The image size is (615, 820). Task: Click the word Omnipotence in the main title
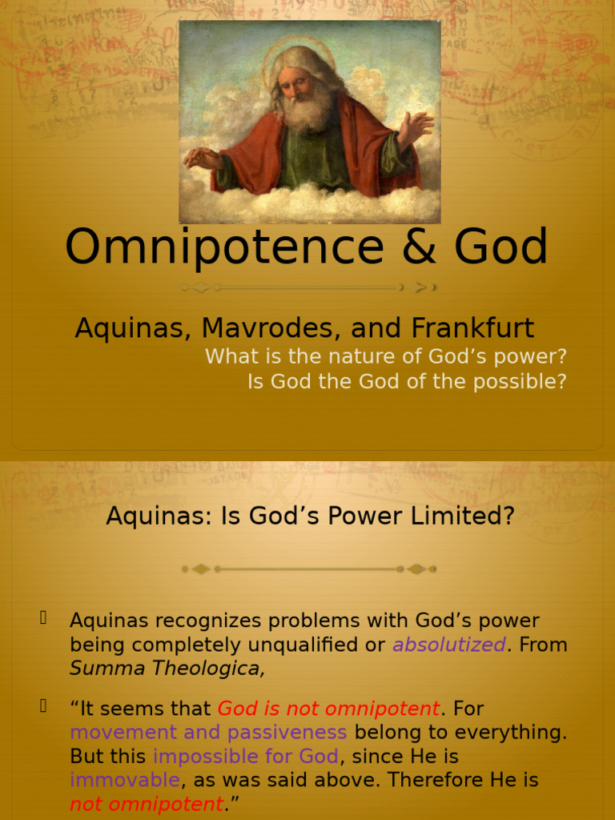(224, 247)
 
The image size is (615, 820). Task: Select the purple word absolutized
(448, 645)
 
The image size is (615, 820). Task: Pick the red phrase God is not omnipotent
(328, 709)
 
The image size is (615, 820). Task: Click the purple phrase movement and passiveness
(208, 733)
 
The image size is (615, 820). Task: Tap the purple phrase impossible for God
(246, 757)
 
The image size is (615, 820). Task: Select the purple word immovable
(125, 780)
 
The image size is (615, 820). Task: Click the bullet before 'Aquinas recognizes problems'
(43, 617)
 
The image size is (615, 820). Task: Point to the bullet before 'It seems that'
(43, 705)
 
